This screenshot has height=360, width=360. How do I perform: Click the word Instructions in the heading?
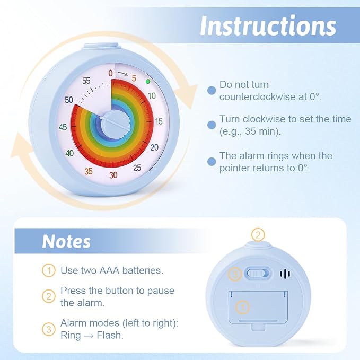pyautogui.click(x=268, y=25)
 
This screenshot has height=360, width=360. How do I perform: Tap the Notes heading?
pyautogui.click(x=66, y=242)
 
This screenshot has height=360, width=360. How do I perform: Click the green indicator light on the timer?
pyautogui.click(x=148, y=81)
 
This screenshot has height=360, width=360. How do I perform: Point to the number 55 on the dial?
pyautogui.click(x=86, y=81)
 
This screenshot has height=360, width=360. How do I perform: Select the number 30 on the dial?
pyautogui.click(x=113, y=175)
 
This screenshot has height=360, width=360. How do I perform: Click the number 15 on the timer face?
pyautogui.click(x=159, y=121)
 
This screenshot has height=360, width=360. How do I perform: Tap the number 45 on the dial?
pyautogui.click(x=63, y=127)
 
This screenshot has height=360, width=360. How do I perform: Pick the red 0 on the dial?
pyautogui.click(x=110, y=73)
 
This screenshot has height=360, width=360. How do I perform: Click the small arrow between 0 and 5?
pyautogui.click(x=122, y=74)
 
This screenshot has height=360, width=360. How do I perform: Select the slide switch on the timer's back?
pyautogui.click(x=257, y=274)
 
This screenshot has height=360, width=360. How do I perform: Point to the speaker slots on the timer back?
pyautogui.click(x=285, y=274)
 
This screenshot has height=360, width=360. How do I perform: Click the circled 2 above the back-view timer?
pyautogui.click(x=258, y=235)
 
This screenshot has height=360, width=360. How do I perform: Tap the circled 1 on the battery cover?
pyautogui.click(x=243, y=307)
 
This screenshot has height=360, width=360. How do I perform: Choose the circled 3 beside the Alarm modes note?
pyautogui.click(x=49, y=329)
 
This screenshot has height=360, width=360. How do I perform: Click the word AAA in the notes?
pyautogui.click(x=109, y=270)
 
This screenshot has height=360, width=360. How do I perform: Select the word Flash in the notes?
pyautogui.click(x=109, y=335)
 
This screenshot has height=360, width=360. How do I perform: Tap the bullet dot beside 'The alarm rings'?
pyautogui.click(x=212, y=162)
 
